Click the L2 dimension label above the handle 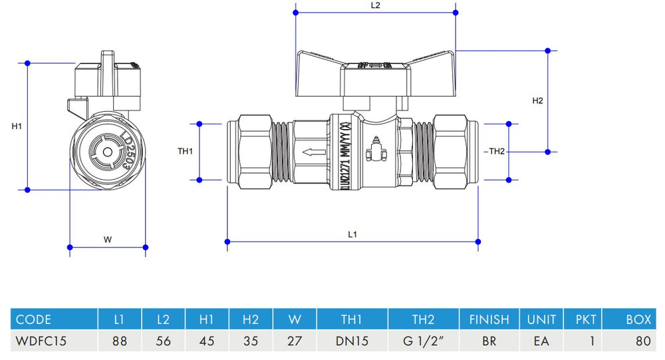375,5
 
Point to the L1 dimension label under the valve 353,234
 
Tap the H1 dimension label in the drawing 17,126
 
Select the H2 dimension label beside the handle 538,101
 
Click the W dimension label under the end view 107,240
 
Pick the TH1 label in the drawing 185,152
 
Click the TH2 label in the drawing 497,152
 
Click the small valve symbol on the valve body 376,152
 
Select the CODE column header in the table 33,319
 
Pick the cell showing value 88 119,341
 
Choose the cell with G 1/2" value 423,341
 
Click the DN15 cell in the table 352,341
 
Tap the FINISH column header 489,319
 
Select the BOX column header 638,319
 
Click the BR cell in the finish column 489,341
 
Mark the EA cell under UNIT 541,341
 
